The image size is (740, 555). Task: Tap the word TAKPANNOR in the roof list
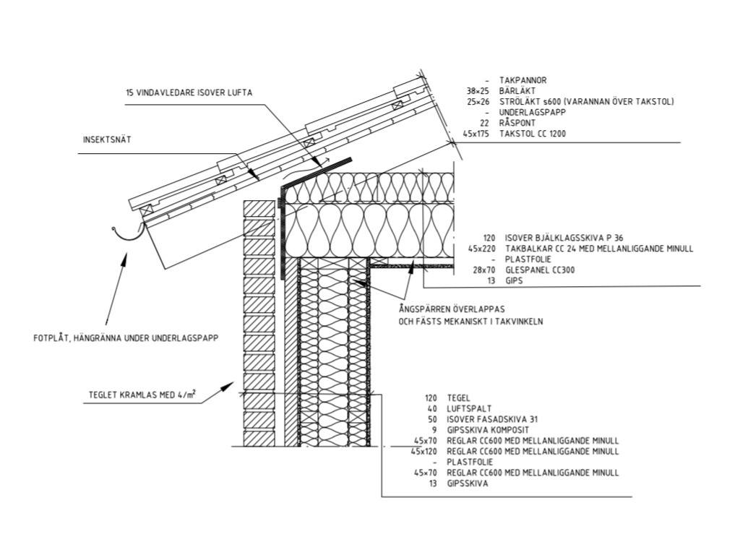522,81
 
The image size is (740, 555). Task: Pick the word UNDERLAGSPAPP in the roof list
532,113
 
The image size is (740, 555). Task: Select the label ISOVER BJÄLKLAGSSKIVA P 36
562,238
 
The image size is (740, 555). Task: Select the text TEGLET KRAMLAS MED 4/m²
142,395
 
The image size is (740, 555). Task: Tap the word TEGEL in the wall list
459,397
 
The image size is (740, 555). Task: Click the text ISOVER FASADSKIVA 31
493,419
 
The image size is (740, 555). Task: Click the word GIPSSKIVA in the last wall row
468,484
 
